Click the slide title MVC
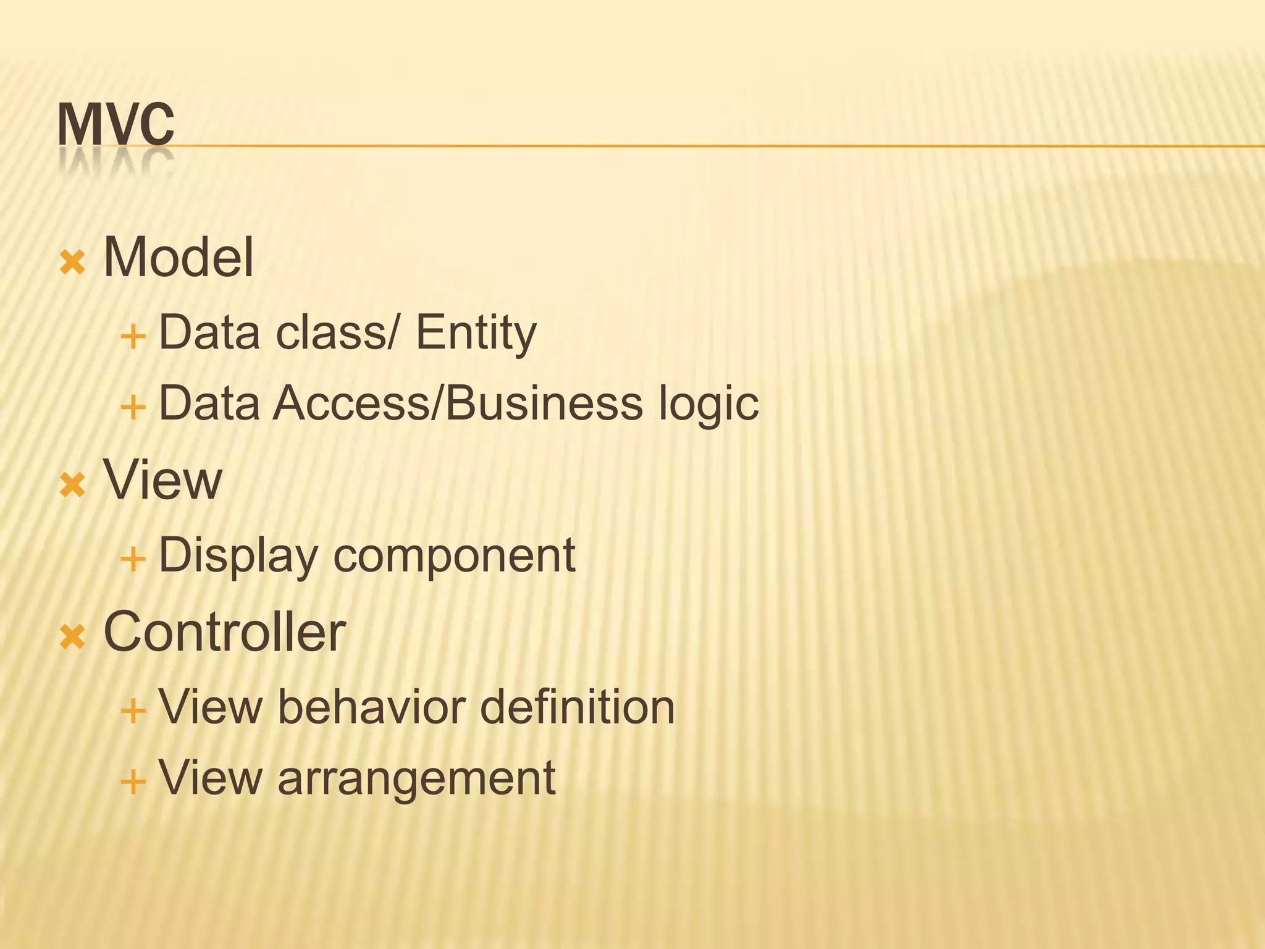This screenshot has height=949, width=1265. coord(116,125)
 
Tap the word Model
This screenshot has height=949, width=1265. coord(179,257)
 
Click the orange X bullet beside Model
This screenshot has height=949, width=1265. coord(72,263)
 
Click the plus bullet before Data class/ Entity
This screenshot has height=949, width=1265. coord(133,337)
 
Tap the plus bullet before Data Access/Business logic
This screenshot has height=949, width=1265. coord(133,408)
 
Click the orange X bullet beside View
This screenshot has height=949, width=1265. coord(72,485)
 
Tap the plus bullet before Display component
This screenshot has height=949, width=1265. coord(133,560)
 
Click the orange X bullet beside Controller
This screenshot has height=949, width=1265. coord(72,637)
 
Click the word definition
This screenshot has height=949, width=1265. coord(577,707)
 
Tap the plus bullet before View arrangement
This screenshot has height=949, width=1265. coord(133,782)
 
